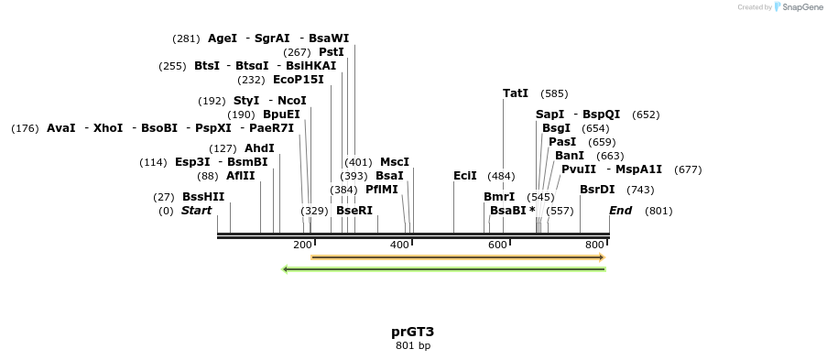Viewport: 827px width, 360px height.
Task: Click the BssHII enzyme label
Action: pyautogui.click(x=203, y=197)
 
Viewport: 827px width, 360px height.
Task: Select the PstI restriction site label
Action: pyautogui.click(x=332, y=52)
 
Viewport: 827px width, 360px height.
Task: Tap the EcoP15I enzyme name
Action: pyautogui.click(x=299, y=80)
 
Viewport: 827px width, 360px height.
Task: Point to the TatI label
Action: pyautogui.click(x=516, y=93)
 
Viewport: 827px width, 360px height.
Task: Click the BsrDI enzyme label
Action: pyautogui.click(x=597, y=190)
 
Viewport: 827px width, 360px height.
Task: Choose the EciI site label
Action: pyautogui.click(x=465, y=176)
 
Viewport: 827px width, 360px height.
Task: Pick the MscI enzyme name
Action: pyautogui.click(x=395, y=162)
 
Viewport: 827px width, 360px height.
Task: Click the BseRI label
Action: pyautogui.click(x=354, y=211)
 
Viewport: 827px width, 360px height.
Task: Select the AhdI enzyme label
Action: pyautogui.click(x=259, y=148)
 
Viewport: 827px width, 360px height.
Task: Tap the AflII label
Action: pyautogui.click(x=241, y=176)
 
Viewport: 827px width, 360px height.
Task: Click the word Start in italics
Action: pyautogui.click(x=196, y=211)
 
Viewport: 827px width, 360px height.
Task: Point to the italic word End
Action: pyautogui.click(x=621, y=211)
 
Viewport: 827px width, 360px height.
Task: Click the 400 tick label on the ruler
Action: pyautogui.click(x=400, y=245)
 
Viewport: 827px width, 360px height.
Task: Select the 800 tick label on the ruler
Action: pyautogui.click(x=594, y=245)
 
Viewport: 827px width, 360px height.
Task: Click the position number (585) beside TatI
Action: pyautogui.click(x=554, y=93)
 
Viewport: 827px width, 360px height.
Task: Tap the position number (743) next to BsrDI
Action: pyautogui.click(x=640, y=190)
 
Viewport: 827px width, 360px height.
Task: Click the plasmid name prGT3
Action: pyautogui.click(x=412, y=332)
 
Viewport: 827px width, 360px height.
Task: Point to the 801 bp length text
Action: pyautogui.click(x=412, y=345)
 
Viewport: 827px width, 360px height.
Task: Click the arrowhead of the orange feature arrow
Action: pyautogui.click(x=601, y=257)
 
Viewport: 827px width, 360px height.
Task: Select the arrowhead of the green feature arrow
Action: pyautogui.click(x=286, y=269)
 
